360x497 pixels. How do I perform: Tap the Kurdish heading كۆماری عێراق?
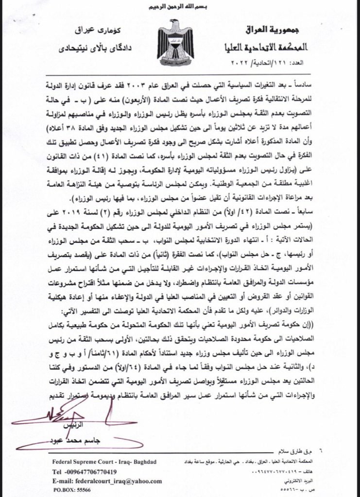tap(93, 31)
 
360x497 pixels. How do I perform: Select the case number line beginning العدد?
tap(282, 64)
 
